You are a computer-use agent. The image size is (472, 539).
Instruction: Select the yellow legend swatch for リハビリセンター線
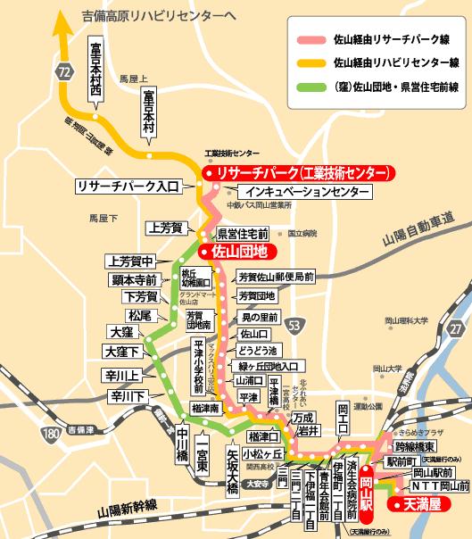point(311,62)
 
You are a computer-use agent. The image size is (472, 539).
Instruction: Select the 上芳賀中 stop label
point(130,261)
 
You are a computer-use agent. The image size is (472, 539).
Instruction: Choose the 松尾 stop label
point(140,315)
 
